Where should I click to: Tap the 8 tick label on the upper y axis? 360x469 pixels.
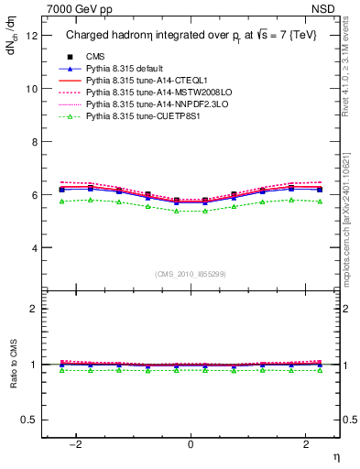tap(34, 142)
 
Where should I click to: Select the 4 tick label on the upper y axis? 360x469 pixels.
tap(34, 248)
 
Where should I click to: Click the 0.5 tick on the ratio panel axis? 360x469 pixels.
tap(29, 420)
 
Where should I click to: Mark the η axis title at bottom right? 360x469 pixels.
tap(334, 456)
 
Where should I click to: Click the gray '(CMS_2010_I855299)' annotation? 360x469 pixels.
tap(191, 274)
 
